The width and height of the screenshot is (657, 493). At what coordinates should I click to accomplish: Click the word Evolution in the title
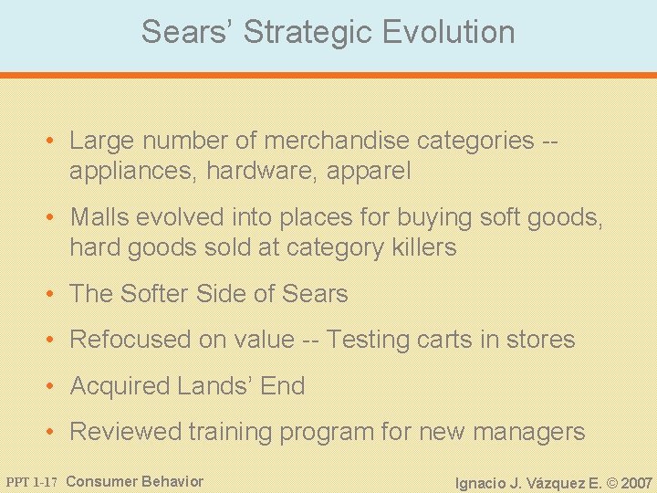[449, 32]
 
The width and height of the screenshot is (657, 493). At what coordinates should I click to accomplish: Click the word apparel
[370, 171]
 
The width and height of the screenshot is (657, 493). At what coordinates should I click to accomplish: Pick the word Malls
[100, 217]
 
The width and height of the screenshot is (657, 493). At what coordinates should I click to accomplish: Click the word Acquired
[120, 386]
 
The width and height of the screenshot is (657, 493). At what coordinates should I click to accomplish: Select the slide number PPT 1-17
[32, 482]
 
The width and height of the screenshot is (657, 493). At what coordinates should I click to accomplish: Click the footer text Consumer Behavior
[135, 481]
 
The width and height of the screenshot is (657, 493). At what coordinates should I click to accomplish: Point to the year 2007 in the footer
[636, 482]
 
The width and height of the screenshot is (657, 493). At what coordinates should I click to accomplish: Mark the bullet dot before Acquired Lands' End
[55, 387]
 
